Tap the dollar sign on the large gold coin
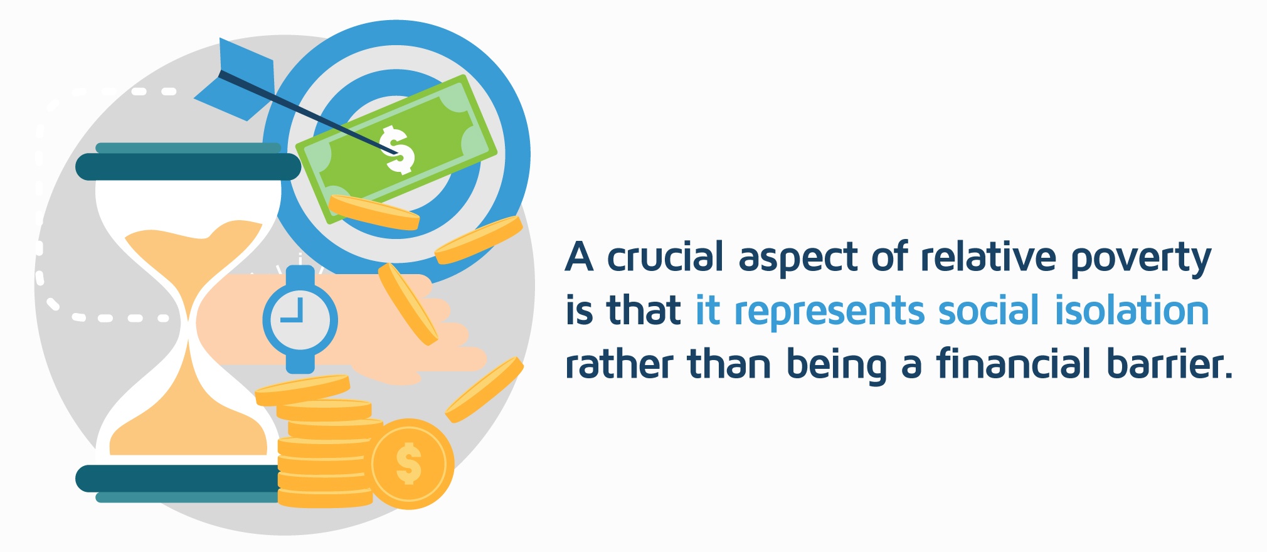(409, 464)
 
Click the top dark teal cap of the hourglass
(188, 166)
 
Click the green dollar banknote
(396, 148)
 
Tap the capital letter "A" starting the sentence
(579, 257)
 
